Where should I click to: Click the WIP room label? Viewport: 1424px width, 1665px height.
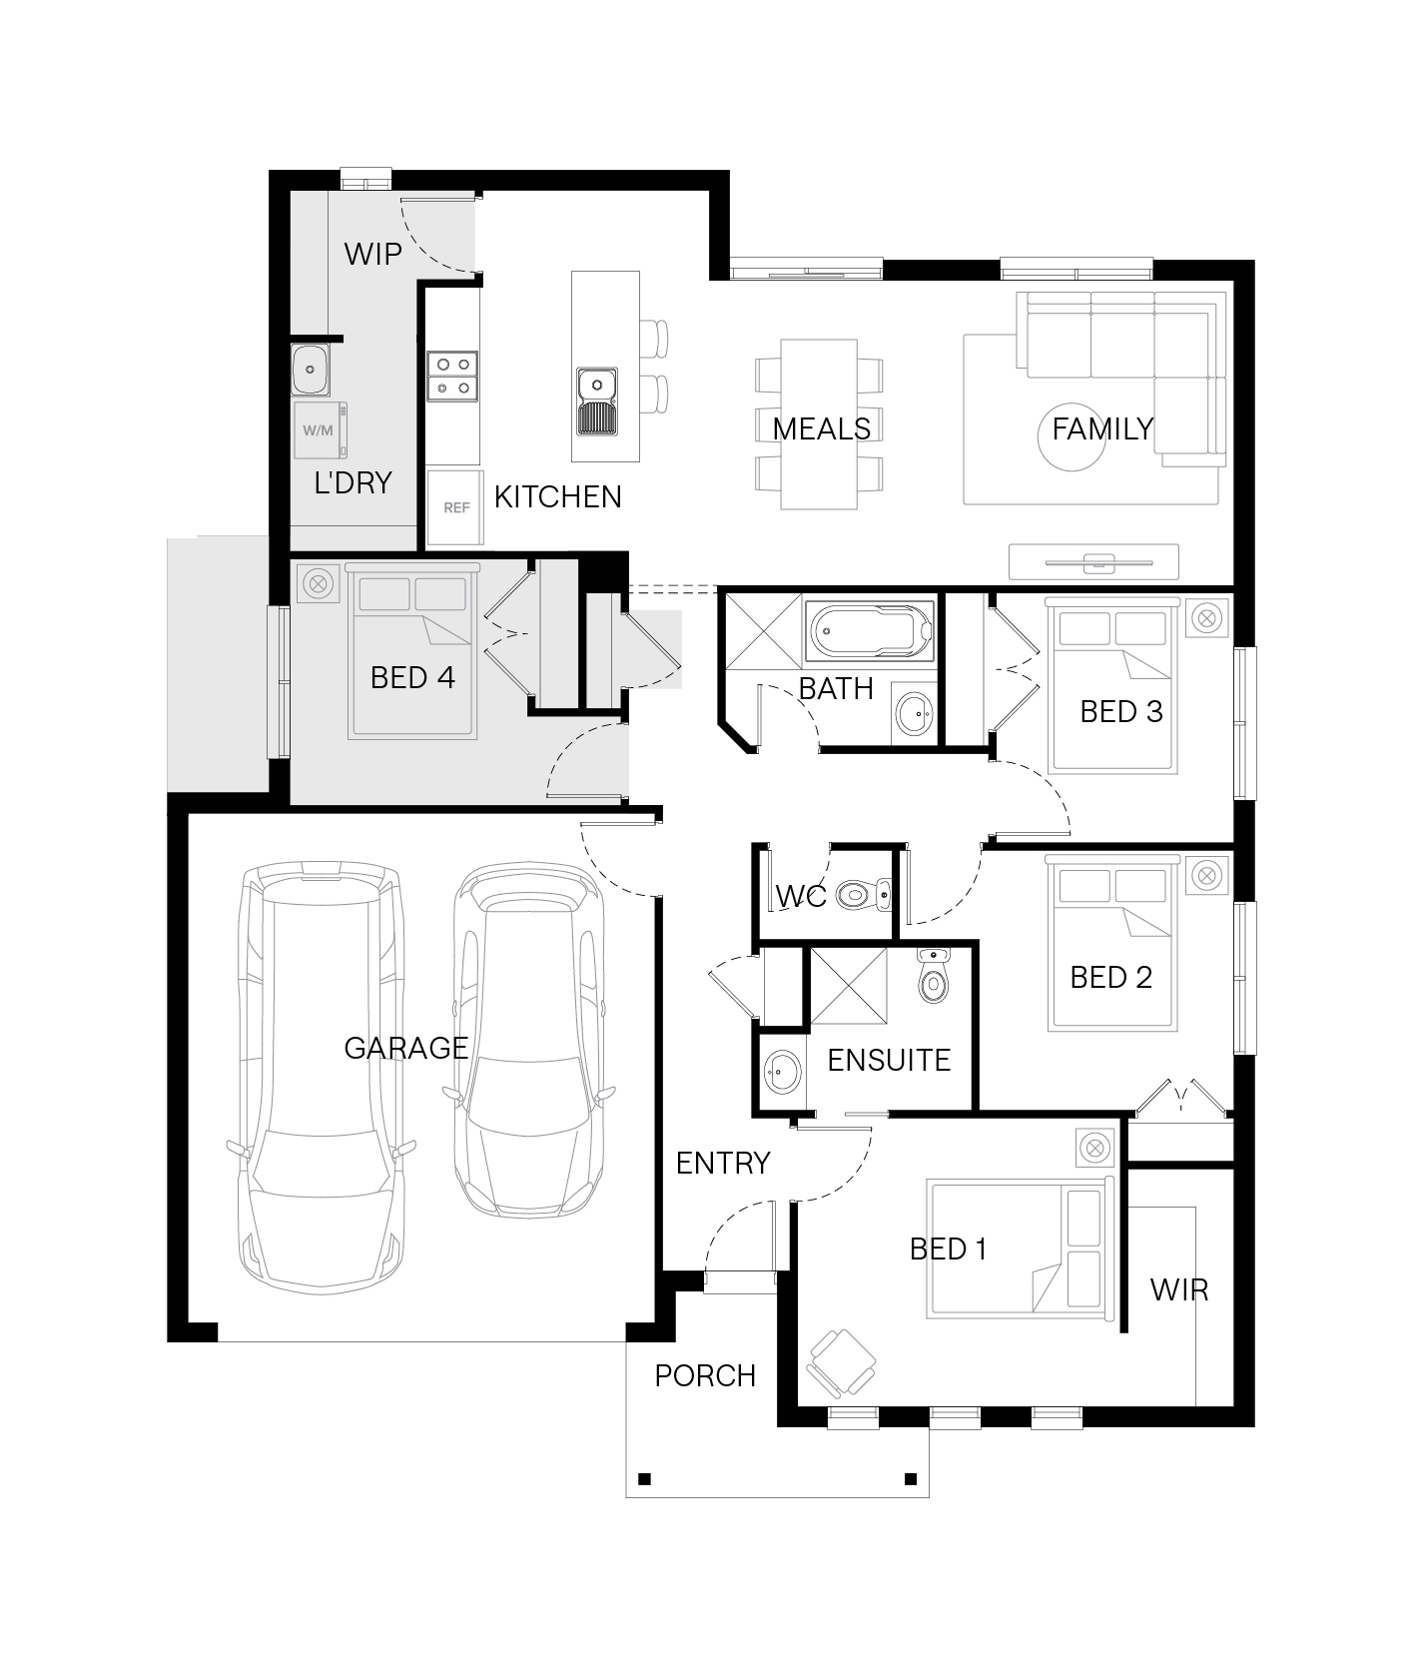click(x=372, y=254)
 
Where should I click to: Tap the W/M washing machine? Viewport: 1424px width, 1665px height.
click(x=321, y=430)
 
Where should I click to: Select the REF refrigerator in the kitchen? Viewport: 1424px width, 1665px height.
click(x=455, y=508)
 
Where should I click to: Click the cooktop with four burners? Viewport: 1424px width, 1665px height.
click(x=452, y=377)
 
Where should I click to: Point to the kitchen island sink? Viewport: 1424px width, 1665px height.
click(x=597, y=402)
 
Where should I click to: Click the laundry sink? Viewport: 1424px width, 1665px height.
click(x=311, y=370)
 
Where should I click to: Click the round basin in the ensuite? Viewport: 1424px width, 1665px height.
click(x=782, y=1073)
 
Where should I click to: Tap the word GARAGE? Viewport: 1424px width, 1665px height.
click(x=406, y=1048)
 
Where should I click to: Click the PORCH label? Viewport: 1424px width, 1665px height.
click(x=705, y=1376)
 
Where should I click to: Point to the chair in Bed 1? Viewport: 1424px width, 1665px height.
click(x=841, y=1364)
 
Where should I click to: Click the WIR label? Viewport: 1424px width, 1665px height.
click(x=1179, y=1290)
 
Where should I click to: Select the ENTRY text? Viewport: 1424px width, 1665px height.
click(x=723, y=1164)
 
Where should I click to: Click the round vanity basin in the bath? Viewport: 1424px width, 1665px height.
click(x=913, y=713)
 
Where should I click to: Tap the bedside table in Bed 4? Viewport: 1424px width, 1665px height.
click(x=318, y=585)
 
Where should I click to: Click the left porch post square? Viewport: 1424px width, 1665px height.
click(x=644, y=1479)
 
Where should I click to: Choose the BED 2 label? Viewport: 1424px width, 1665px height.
click(x=1110, y=978)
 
